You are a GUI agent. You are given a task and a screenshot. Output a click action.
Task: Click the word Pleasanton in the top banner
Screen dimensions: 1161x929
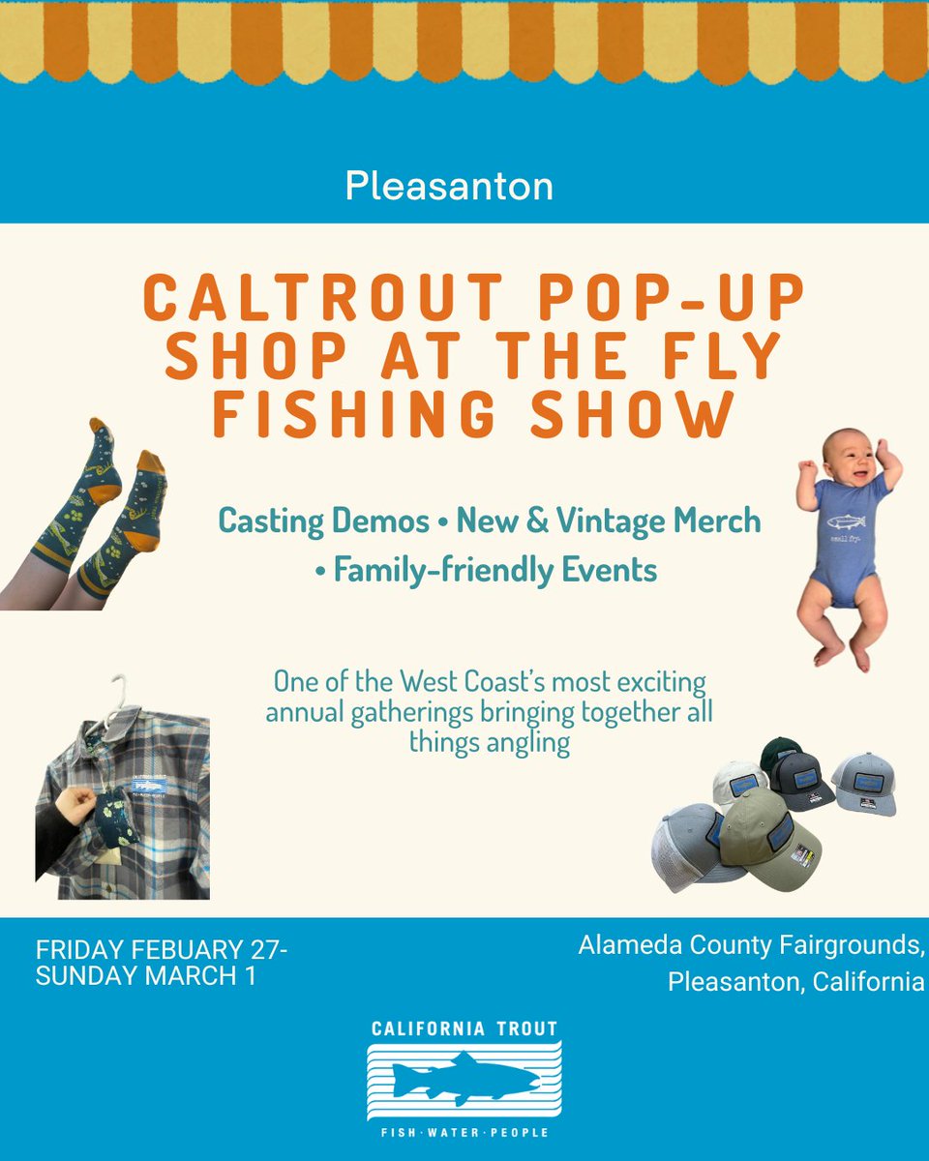pyautogui.click(x=449, y=186)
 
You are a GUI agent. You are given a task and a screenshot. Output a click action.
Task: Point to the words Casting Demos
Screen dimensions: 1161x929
pyautogui.click(x=323, y=521)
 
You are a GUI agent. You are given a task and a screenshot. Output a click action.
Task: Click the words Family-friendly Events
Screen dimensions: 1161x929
pyautogui.click(x=495, y=570)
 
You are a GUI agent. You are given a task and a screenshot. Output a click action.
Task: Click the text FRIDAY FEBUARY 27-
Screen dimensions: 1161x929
pyautogui.click(x=162, y=951)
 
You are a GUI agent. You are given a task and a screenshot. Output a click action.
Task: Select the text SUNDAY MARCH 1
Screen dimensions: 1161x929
pyautogui.click(x=146, y=976)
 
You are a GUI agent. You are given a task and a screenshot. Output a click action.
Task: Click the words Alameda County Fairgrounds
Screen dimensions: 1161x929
pyautogui.click(x=751, y=944)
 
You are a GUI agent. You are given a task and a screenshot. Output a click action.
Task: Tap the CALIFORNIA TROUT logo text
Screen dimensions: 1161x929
pyautogui.click(x=464, y=1028)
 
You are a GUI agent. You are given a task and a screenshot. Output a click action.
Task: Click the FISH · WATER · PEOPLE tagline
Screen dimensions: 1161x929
pyautogui.click(x=464, y=1132)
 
